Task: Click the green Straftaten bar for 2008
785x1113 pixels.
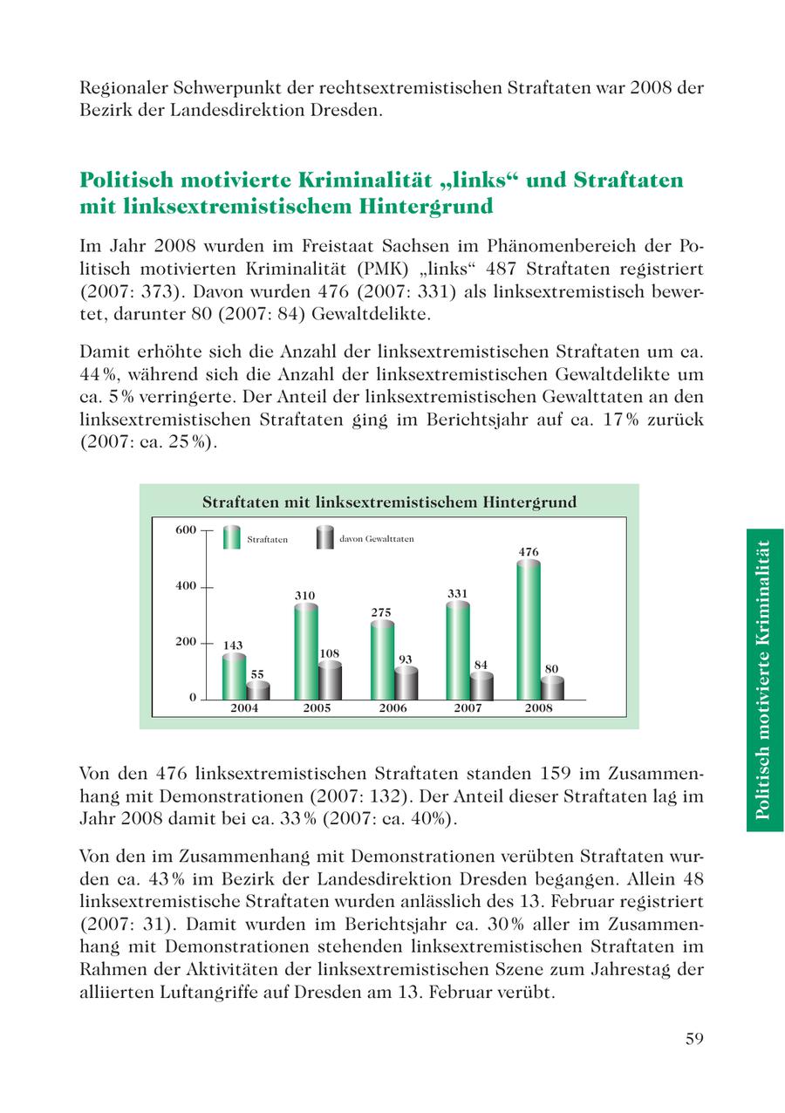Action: pos(528,630)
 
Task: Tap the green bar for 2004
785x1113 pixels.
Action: pos(233,677)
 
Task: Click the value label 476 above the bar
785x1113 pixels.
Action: pos(529,552)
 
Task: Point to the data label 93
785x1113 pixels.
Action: pos(405,659)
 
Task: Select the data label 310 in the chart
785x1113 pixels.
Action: pos(304,596)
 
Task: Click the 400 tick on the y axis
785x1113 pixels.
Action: pos(185,586)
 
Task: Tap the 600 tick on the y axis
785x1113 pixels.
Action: pos(185,529)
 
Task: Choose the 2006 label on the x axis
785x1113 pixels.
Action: pos(392,708)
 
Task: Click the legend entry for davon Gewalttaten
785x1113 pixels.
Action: pos(376,539)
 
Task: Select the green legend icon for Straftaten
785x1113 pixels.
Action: pos(231,537)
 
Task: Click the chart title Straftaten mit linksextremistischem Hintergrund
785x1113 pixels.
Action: pos(389,502)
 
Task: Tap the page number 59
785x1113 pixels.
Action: pos(694,1038)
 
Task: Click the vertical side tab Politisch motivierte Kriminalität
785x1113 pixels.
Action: pos(764,679)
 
